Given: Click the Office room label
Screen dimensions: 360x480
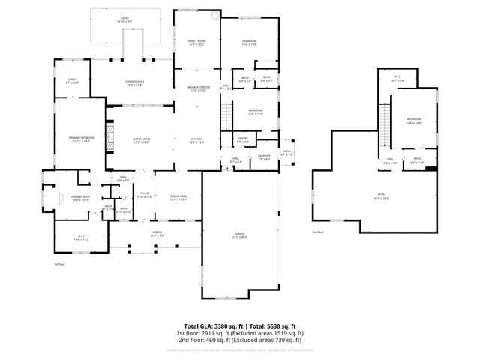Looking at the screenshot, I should coord(72,80).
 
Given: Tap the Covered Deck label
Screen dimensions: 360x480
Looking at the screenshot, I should coord(135,84).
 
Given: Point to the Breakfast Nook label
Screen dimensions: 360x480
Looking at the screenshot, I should coord(198,88).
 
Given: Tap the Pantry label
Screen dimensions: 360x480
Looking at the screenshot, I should coord(242,139).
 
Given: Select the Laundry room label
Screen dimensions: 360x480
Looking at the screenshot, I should coord(264,157).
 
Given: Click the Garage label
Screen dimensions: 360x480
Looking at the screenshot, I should coord(239,235).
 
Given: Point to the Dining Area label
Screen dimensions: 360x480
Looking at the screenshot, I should coord(178,197).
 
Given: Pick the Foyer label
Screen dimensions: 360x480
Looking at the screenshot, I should coord(145,195).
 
